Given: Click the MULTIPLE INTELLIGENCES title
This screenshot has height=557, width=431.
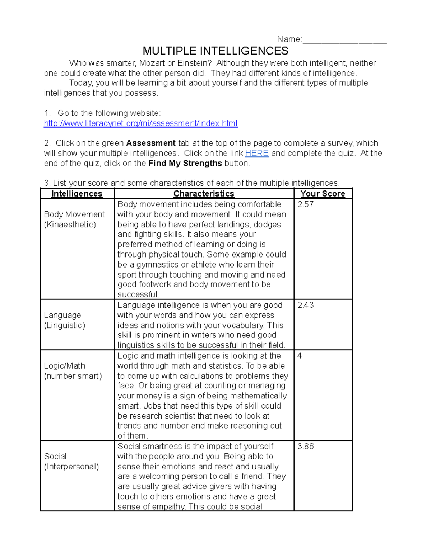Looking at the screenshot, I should (x=215, y=51).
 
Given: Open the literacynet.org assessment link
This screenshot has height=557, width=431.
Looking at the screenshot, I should (x=140, y=123).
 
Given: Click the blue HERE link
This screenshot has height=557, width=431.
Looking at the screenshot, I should (x=256, y=153).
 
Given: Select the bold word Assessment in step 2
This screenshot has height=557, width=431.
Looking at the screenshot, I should (x=151, y=143).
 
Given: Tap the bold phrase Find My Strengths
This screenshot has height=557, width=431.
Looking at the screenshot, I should (x=185, y=163).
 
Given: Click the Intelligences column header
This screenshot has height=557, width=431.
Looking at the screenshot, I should (x=77, y=194).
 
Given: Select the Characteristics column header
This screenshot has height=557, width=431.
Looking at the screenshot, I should (x=204, y=194).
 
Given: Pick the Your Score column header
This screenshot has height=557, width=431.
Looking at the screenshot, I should (x=323, y=194).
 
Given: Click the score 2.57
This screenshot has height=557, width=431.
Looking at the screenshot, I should (x=305, y=204).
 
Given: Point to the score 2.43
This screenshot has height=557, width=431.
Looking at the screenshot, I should (x=305, y=305).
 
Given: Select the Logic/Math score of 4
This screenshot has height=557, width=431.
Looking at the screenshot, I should (x=300, y=356).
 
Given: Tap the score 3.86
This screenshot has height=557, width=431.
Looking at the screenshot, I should (x=305, y=447).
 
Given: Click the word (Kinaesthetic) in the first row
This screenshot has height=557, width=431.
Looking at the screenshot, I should (x=70, y=225).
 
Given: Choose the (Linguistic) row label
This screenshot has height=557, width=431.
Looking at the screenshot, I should (x=64, y=325).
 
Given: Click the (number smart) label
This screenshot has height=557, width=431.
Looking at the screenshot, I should (x=73, y=376).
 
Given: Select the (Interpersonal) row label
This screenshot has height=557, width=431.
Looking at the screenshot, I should (x=71, y=467).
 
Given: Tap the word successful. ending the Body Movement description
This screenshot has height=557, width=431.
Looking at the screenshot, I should (x=138, y=295).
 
